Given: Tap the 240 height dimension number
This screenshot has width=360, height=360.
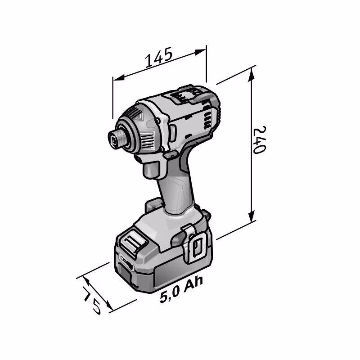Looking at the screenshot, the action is (x=259, y=139).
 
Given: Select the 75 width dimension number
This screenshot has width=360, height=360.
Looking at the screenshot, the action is (x=92, y=300).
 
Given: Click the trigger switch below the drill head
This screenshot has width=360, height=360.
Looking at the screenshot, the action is (x=151, y=170).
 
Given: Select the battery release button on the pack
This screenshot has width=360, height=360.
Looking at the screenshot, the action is (x=133, y=243).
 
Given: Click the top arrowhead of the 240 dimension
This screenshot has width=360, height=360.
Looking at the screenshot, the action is (x=252, y=74).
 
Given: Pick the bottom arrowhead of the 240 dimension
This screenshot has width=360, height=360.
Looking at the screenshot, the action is (x=252, y=216).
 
